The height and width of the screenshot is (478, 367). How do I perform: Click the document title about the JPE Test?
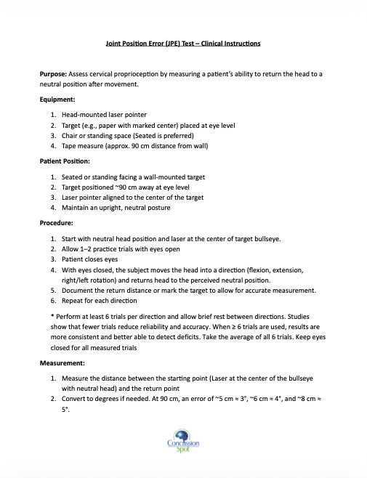click(x=184, y=43)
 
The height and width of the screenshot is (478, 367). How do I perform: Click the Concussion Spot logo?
click(x=183, y=442)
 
